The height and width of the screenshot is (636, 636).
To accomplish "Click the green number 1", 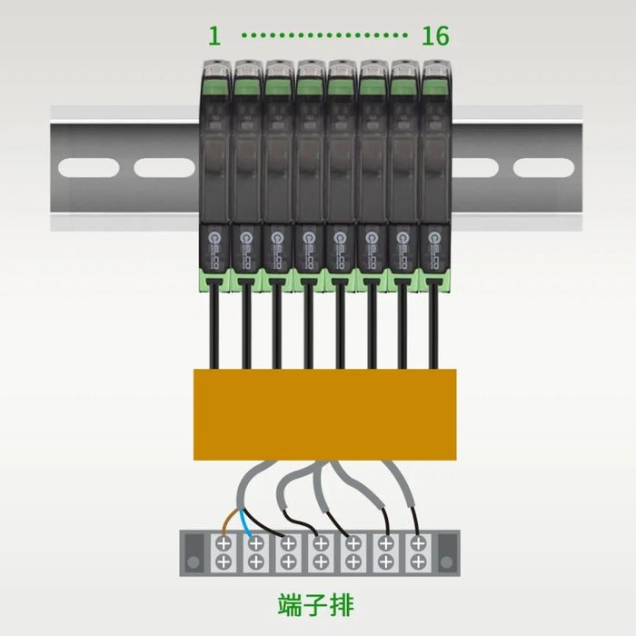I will [x=214, y=36].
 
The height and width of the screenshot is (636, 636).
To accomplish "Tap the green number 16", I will [x=435, y=36].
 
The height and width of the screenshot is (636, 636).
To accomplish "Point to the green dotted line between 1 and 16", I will [x=324, y=36].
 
